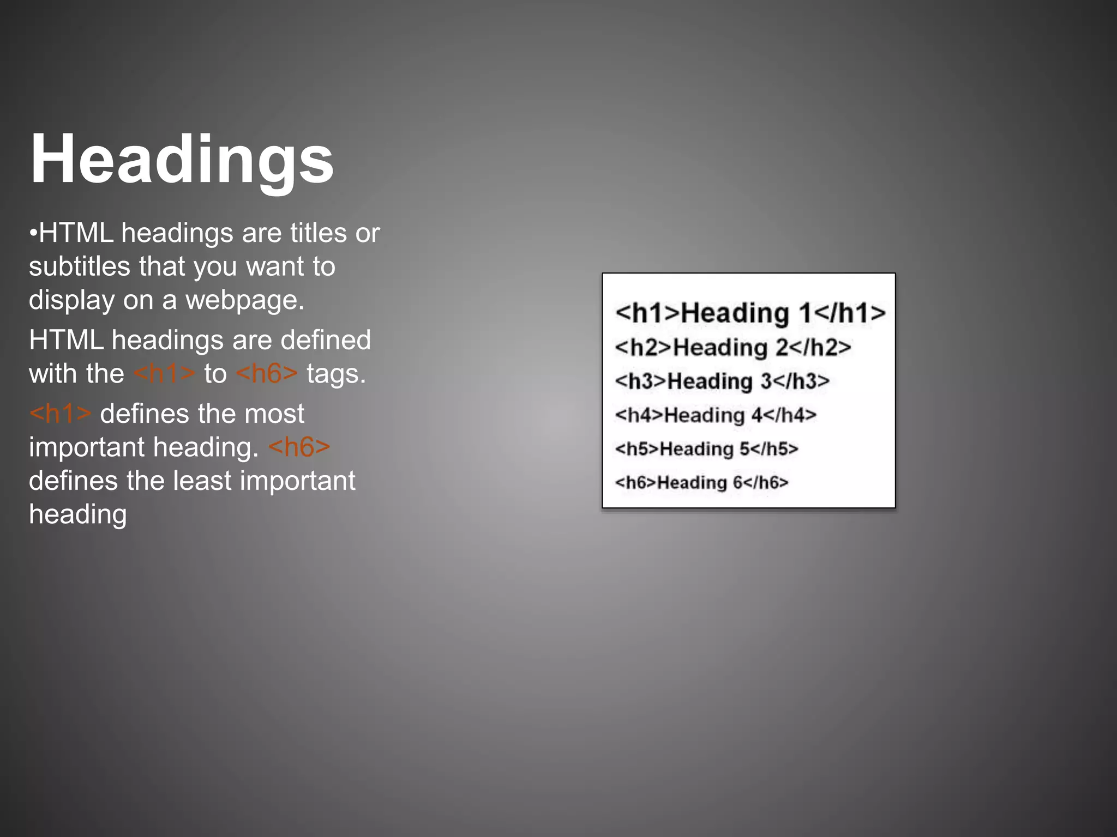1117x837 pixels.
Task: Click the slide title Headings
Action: point(182,159)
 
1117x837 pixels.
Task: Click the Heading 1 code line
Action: point(750,313)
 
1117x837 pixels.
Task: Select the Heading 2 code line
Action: point(732,347)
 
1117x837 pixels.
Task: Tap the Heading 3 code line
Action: point(722,381)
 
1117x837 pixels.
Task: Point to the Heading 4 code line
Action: point(715,415)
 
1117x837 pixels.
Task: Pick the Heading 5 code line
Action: point(706,449)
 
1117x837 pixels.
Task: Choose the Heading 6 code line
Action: point(701,482)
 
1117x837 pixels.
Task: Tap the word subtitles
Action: point(80,266)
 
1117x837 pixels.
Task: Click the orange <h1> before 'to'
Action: point(164,374)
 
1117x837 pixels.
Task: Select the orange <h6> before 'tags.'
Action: point(267,374)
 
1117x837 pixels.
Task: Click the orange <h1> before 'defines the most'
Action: point(60,414)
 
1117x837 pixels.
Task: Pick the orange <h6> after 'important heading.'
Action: point(299,447)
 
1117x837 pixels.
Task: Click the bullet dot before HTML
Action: point(33,234)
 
